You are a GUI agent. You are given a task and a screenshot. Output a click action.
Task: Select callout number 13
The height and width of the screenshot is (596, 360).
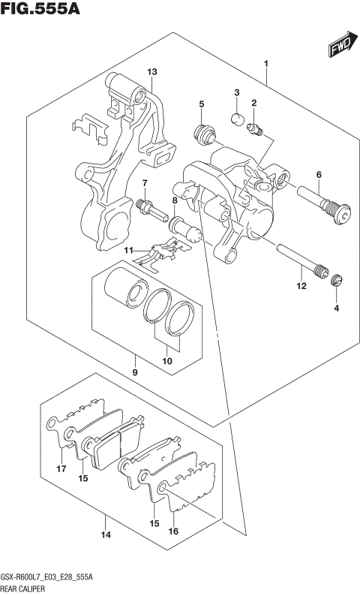pyautogui.click(x=151, y=72)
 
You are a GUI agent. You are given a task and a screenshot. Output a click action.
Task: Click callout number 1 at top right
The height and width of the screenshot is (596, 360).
pyautogui.click(x=266, y=65)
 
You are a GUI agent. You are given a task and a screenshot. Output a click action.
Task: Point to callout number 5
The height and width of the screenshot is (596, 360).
pyautogui.click(x=202, y=104)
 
